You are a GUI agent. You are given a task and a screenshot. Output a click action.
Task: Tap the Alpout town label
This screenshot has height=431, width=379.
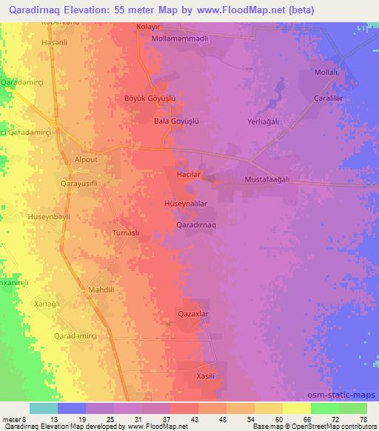point(86,159)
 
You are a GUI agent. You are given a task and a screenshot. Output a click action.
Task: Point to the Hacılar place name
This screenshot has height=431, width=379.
point(187,173)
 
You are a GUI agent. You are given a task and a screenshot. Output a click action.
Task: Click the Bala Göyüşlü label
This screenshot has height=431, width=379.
point(177,120)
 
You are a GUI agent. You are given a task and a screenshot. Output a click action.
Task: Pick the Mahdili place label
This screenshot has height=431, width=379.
point(101,290)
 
